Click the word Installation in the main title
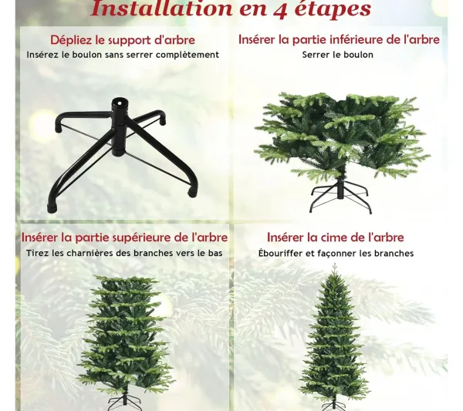click(x=162, y=8)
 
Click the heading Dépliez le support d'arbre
click(x=122, y=40)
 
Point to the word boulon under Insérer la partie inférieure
click(x=360, y=55)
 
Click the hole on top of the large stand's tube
click(x=120, y=103)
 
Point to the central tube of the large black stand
click(x=120, y=127)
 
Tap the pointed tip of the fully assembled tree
click(x=334, y=264)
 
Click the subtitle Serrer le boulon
click(x=337, y=55)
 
